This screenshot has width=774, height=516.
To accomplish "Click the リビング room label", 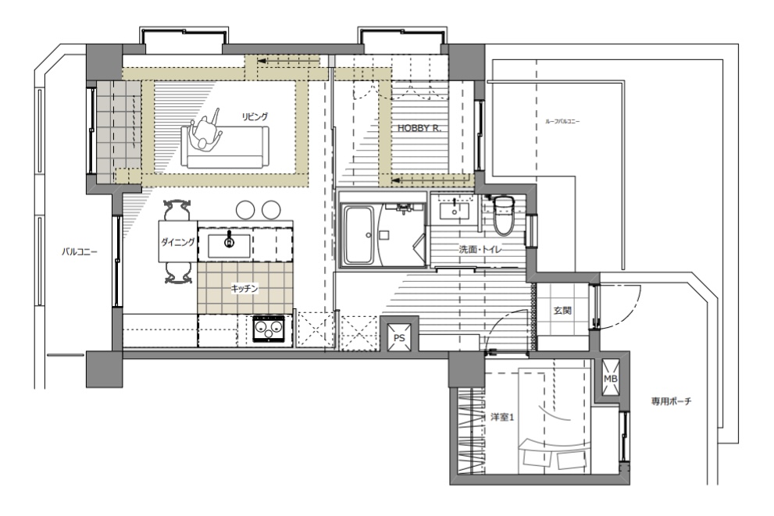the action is (x=254, y=116).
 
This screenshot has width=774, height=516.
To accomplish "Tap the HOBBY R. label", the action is (x=419, y=128).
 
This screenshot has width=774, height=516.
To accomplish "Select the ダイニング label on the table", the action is (x=178, y=242).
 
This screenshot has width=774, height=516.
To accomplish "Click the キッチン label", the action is (x=244, y=289).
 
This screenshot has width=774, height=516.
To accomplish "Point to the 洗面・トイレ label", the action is (x=480, y=250).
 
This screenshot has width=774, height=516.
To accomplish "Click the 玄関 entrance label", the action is (x=562, y=311).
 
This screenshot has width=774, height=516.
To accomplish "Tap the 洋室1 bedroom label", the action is (x=502, y=417).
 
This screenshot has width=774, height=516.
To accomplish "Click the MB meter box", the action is (x=611, y=379).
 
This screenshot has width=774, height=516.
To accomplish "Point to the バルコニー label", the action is (x=80, y=251).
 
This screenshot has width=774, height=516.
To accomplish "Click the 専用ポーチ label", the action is (x=672, y=401).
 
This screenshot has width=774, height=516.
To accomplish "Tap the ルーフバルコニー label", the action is (x=562, y=121).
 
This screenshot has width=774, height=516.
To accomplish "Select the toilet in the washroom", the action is (x=504, y=215).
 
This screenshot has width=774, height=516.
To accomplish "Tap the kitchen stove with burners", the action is (x=269, y=329).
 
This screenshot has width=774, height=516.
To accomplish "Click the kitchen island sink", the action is (x=229, y=246).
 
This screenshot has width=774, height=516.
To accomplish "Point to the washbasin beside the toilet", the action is (x=455, y=211).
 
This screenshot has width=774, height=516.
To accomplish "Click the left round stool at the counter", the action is (x=245, y=210).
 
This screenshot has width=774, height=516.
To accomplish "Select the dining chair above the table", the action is (x=177, y=210).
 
